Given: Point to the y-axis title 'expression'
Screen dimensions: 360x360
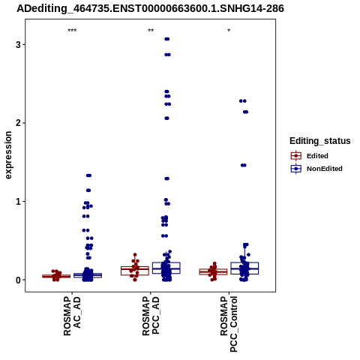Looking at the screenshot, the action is (x=8, y=155).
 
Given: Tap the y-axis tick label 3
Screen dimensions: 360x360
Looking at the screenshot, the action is (x=18, y=45).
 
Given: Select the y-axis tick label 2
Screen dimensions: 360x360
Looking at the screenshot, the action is (x=18, y=123).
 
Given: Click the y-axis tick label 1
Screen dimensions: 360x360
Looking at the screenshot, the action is (x=18, y=202).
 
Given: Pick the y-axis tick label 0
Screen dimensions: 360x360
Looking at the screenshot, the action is (x=18, y=280).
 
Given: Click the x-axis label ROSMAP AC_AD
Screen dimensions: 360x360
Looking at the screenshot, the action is (x=72, y=316).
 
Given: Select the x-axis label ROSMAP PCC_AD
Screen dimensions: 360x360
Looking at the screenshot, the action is (x=151, y=316).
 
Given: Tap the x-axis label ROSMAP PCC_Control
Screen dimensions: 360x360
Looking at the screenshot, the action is (x=229, y=324).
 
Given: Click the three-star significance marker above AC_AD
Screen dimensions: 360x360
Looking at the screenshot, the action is (x=72, y=31).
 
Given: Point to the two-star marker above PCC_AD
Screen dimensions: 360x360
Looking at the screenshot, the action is (x=151, y=31).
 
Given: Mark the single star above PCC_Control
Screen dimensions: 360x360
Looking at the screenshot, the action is (x=229, y=31).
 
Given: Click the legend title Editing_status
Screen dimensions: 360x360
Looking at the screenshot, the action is (x=320, y=141).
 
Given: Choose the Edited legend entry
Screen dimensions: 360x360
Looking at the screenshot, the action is (x=310, y=156).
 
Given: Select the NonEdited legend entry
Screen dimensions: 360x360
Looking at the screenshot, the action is (x=316, y=169).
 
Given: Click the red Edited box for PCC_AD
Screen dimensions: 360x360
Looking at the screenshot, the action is (x=135, y=271).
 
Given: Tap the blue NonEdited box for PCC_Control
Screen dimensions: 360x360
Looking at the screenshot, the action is (x=244, y=268).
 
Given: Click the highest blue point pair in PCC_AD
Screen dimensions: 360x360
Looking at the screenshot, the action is (x=167, y=39).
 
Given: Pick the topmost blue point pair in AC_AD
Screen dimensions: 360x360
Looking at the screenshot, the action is (x=88, y=175).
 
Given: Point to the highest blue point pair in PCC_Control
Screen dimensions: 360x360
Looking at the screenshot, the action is (x=243, y=101).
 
